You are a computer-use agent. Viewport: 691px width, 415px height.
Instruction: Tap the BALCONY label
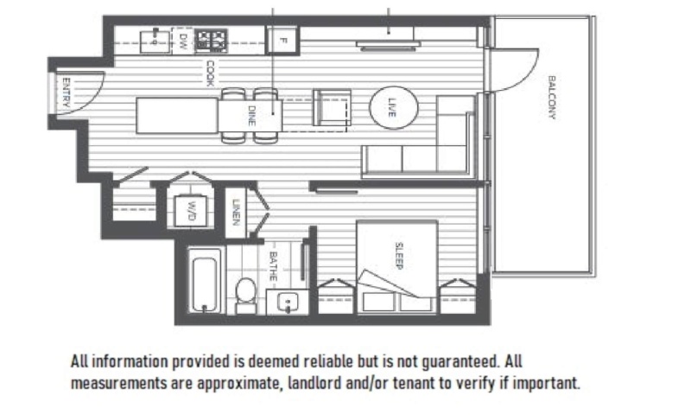(x=551, y=98)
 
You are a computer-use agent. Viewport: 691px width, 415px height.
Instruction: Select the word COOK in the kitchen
(x=209, y=73)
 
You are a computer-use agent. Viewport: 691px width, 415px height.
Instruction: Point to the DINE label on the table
(x=251, y=114)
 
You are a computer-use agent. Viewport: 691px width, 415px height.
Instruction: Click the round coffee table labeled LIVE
(x=393, y=108)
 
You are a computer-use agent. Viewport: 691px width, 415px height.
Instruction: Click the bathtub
(x=206, y=280)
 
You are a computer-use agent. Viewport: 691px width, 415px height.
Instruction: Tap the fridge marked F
(x=282, y=39)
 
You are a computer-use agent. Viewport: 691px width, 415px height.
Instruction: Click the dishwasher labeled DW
(x=184, y=39)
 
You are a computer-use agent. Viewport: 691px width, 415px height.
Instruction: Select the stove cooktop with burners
(x=210, y=39)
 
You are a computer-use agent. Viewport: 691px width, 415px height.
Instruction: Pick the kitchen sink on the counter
(x=155, y=38)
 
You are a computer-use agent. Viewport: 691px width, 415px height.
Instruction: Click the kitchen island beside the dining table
(x=177, y=115)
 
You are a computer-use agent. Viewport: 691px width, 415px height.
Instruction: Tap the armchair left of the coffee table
(x=333, y=107)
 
